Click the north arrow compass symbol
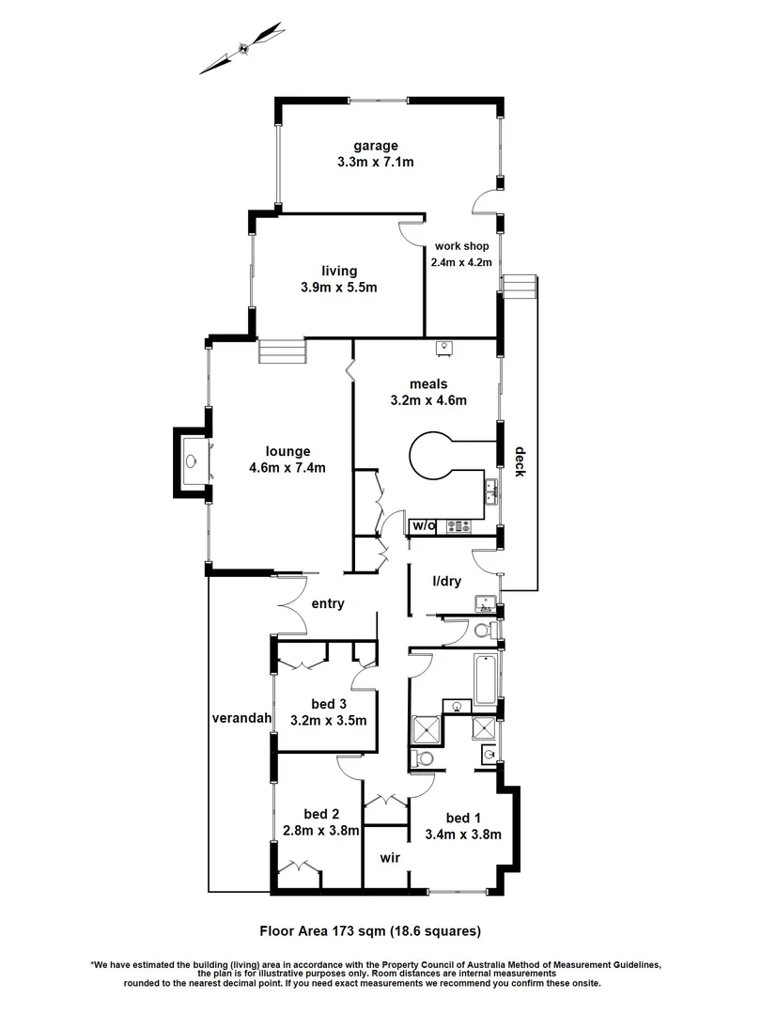click(x=242, y=48)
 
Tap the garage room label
click(x=376, y=146)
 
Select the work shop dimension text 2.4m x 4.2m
click(x=461, y=262)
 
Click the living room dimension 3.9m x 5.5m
click(x=338, y=288)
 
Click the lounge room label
click(x=287, y=450)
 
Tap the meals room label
click(x=428, y=383)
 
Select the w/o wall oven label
click(x=424, y=526)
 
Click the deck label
click(x=519, y=461)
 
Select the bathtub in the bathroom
click(x=485, y=679)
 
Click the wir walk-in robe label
click(x=391, y=858)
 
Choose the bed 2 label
click(x=320, y=814)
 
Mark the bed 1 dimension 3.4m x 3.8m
click(x=462, y=833)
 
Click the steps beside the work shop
click(x=519, y=285)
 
